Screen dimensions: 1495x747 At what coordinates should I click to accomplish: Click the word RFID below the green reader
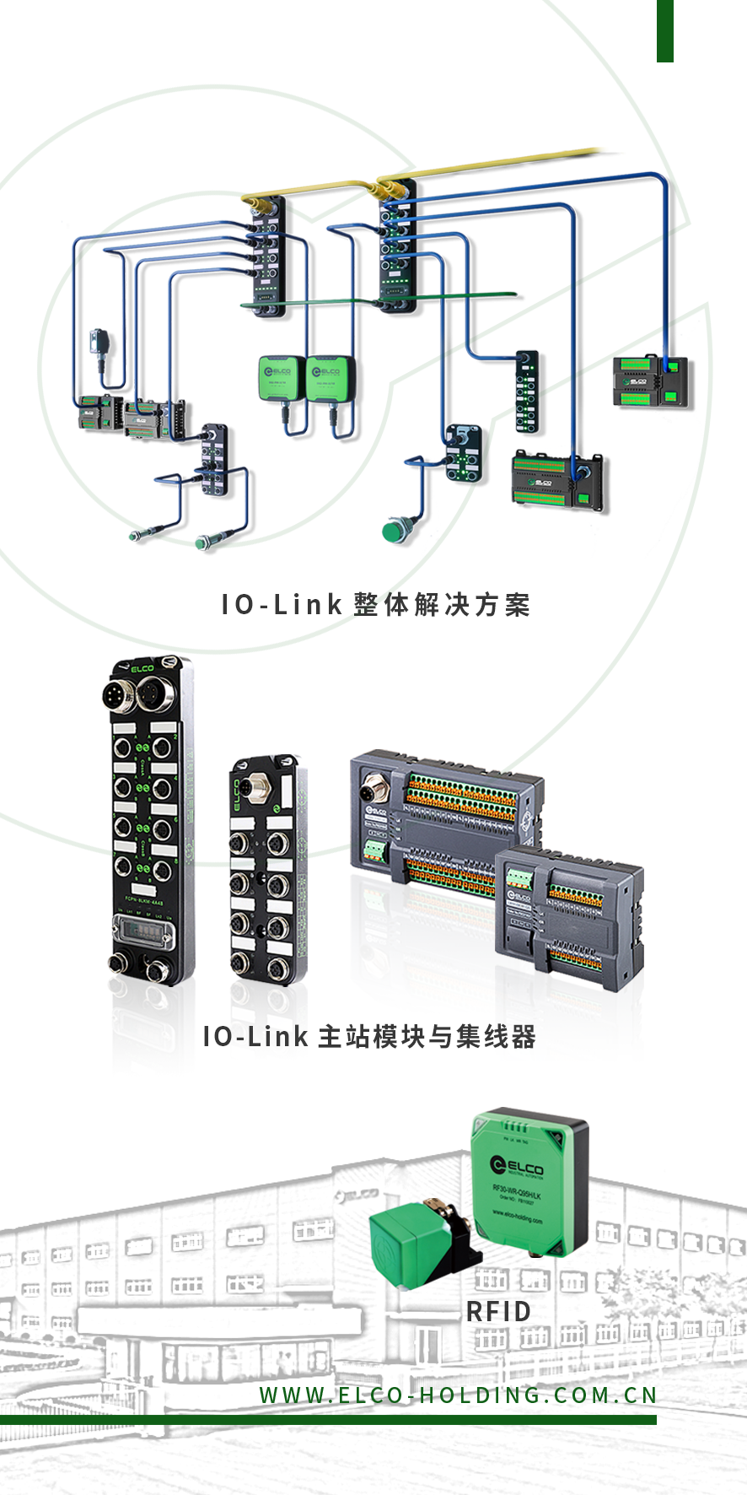[498, 1311]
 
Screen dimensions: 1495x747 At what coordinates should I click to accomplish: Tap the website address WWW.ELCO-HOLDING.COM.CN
[458, 1395]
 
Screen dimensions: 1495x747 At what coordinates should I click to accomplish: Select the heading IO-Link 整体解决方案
[375, 604]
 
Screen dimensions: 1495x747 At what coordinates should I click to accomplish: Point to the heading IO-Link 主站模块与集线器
[369, 1036]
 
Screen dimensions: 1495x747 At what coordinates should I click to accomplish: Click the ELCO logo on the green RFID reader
[517, 1166]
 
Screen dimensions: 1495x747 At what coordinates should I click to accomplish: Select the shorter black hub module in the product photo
[264, 869]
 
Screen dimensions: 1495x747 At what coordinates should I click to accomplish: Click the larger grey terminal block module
[438, 818]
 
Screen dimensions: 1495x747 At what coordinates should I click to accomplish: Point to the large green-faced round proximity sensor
[394, 531]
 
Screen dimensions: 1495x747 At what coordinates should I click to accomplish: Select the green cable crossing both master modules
[379, 300]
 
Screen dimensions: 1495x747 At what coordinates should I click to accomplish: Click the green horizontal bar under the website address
[328, 1420]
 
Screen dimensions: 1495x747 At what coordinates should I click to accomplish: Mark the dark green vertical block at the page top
[665, 30]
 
